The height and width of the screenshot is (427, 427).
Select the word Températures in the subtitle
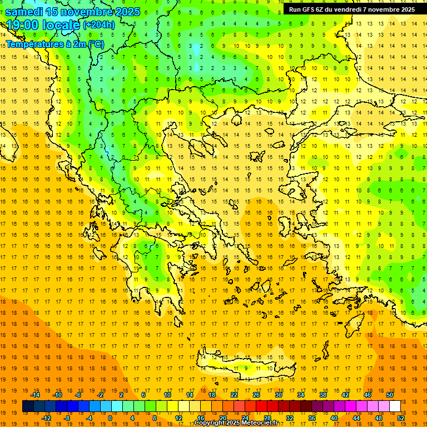pos(33,44)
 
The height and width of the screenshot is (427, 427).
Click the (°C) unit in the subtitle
pos(94,44)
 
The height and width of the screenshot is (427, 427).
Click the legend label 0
pos(110,418)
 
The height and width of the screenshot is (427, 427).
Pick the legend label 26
pos(256,395)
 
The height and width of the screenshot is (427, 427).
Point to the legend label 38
pos(323,395)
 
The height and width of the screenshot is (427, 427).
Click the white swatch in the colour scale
pos(395,406)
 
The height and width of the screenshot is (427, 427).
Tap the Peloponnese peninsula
pos(156,272)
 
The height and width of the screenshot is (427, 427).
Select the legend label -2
pos(101,395)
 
